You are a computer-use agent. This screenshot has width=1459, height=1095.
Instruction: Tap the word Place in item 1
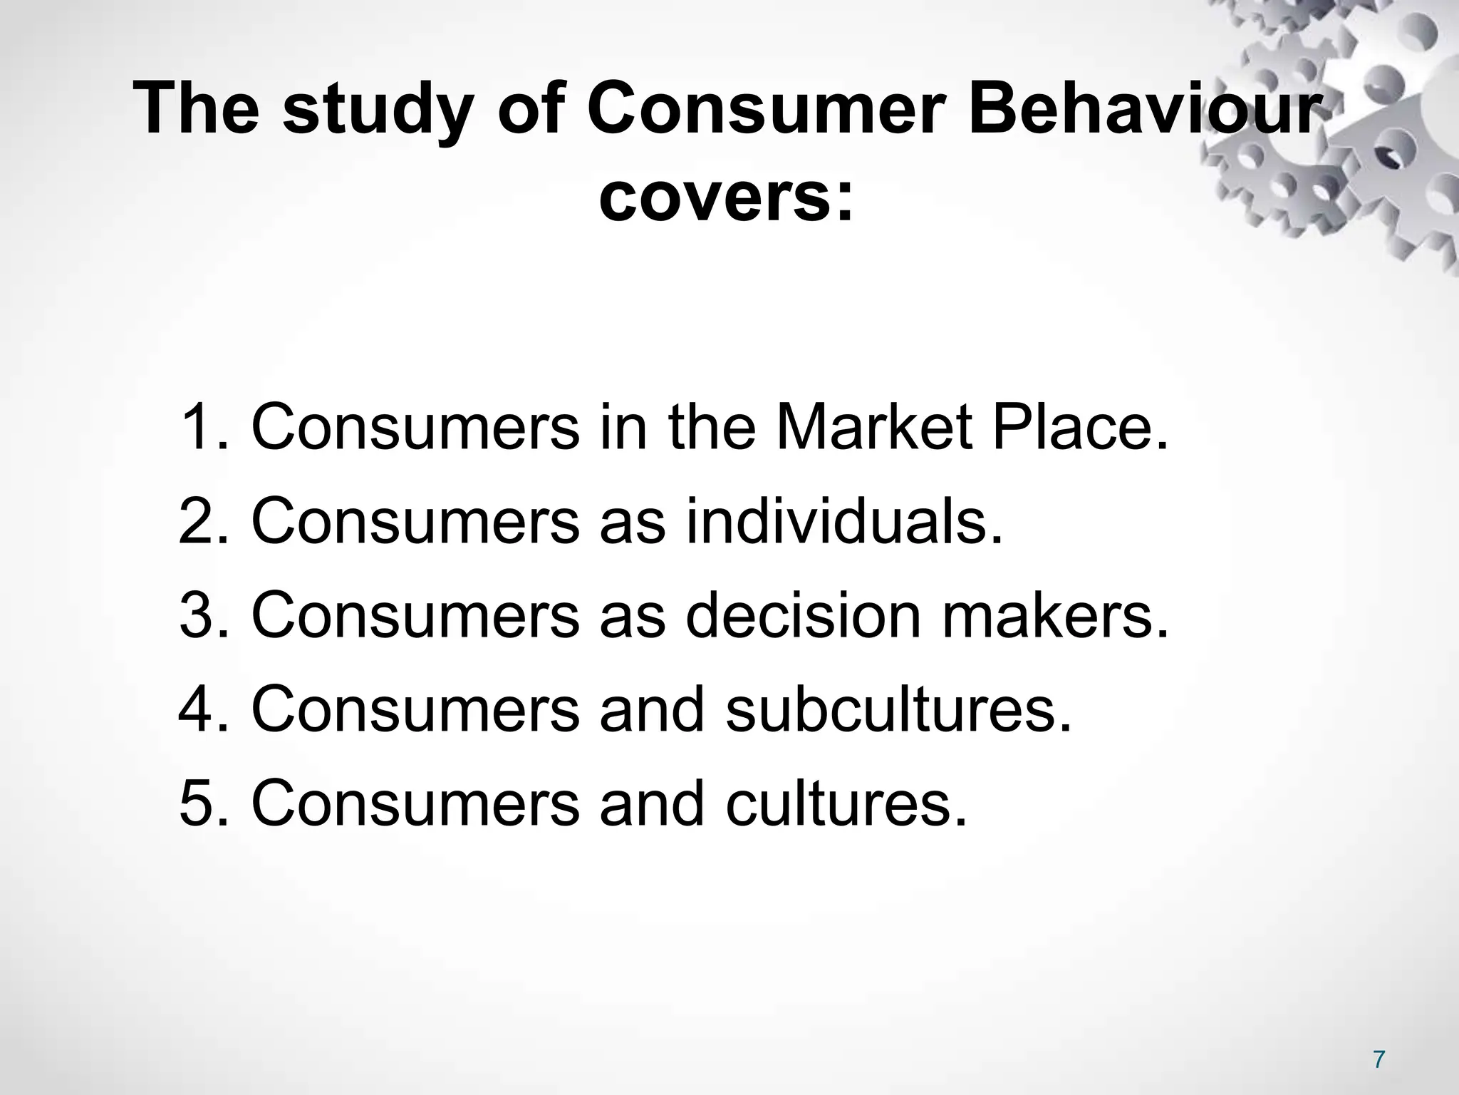(1069, 428)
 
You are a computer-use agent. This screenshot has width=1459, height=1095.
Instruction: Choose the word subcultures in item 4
(898, 709)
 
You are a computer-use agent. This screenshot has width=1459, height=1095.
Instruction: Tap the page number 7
(1378, 1060)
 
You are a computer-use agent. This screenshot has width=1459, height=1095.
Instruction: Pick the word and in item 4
(651, 709)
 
